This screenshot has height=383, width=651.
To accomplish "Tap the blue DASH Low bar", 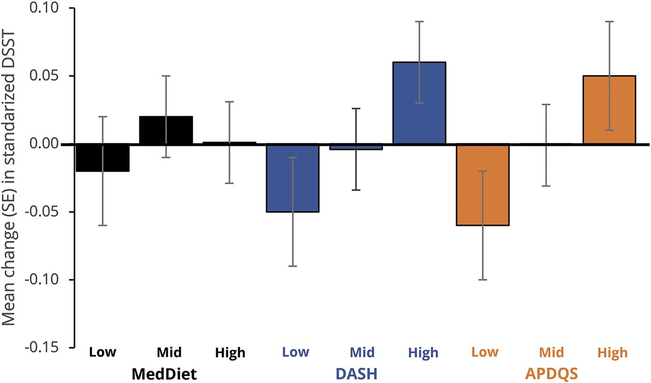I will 293,178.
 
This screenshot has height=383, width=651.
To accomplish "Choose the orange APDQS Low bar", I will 483,185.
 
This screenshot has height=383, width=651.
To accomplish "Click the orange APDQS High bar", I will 609,110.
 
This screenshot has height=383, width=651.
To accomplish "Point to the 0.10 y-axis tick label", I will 45,9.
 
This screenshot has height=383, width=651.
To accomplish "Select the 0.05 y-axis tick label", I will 45,76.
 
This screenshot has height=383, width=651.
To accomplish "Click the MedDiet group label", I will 164,374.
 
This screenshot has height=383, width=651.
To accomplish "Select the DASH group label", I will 356,374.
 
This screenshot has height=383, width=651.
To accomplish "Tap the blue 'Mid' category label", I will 362,352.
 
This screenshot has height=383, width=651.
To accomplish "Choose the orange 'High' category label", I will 613,352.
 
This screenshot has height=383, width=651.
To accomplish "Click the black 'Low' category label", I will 103,352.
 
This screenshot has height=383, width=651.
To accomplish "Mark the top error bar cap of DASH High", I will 419,21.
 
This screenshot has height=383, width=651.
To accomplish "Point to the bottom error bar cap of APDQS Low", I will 483,280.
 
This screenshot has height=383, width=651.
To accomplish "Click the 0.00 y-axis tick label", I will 45,144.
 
